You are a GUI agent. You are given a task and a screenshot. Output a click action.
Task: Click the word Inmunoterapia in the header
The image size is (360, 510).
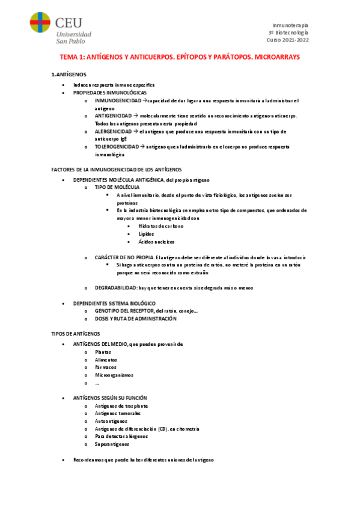tap(291, 25)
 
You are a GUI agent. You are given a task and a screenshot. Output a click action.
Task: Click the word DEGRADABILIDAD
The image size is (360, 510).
tap(116, 288)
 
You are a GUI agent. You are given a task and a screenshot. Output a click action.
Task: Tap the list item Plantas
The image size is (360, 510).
tap(103, 351)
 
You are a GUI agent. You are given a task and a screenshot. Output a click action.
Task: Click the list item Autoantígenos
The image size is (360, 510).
tap(111, 422)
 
